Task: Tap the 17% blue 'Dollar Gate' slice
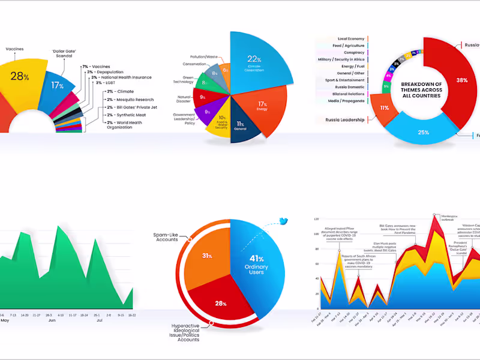tap(58, 86)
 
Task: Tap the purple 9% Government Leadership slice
tap(207, 111)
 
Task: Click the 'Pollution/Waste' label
tap(204, 57)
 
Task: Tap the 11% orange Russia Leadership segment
tap(384, 108)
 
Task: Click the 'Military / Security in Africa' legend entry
tap(341, 59)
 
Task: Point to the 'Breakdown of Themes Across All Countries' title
tap(422, 89)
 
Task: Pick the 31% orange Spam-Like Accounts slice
tap(207, 256)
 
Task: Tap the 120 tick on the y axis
tap(316, 220)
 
